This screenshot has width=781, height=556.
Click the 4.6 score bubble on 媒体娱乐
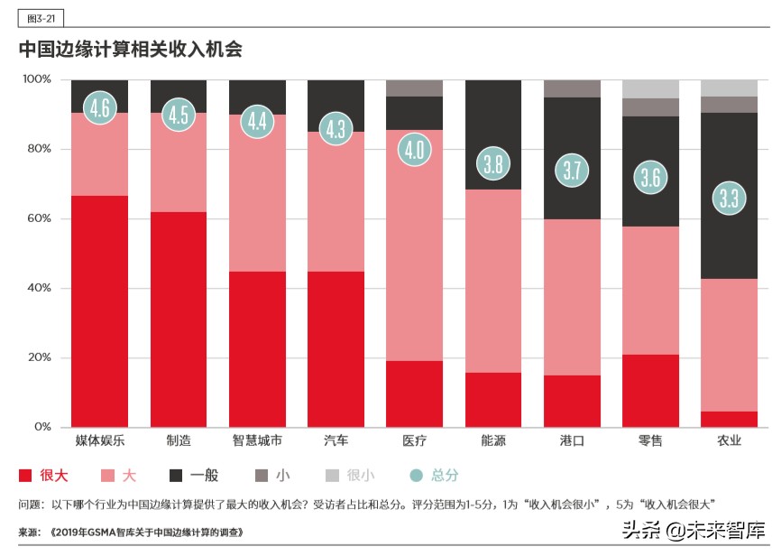pos(100,108)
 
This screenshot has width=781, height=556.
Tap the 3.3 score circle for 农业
pos(729,198)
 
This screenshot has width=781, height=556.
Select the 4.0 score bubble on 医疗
pos(414,149)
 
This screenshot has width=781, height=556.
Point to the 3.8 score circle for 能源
pos(493,164)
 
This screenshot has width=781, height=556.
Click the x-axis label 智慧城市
pos(257,441)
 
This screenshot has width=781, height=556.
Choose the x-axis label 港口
pos(572,441)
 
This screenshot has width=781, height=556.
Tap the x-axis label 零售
pos(650,441)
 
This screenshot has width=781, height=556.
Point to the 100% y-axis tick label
pos(36,79)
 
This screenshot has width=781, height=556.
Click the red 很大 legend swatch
pos(25,476)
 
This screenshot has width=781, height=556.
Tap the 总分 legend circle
pos(416,476)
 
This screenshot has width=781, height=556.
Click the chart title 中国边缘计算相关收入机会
pos(130,49)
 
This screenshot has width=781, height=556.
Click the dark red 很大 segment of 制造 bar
pos(179,320)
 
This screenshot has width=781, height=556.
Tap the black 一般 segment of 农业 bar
pos(729,195)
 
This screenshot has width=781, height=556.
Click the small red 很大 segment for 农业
pos(729,419)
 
